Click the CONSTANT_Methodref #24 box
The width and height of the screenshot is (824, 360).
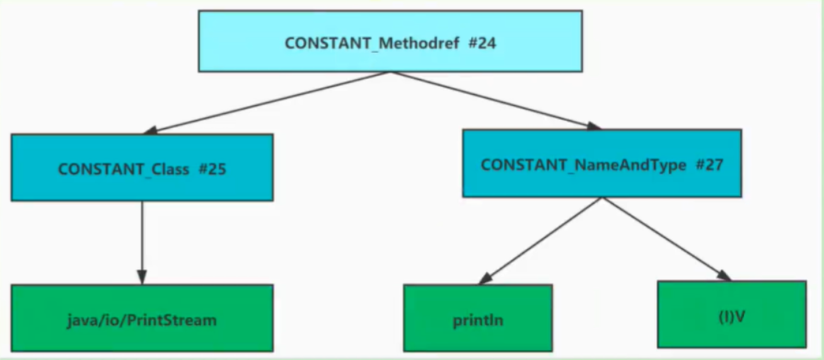click(x=390, y=41)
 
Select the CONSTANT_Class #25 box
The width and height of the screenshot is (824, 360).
click(x=141, y=168)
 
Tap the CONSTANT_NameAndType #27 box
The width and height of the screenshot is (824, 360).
click(x=601, y=163)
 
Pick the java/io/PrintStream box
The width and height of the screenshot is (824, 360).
click(x=141, y=318)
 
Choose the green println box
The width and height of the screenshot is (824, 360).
click(x=477, y=318)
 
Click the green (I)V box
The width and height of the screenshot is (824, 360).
click(x=731, y=314)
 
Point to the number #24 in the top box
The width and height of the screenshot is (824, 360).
click(x=482, y=43)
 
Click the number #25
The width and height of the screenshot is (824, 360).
click(x=212, y=170)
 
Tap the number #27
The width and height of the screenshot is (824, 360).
click(x=709, y=165)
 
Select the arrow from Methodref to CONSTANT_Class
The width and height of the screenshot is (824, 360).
click(x=269, y=102)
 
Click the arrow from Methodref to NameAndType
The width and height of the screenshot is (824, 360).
click(x=495, y=100)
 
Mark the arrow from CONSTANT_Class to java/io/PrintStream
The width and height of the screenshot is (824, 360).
click(x=141, y=240)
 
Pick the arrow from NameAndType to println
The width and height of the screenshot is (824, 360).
click(x=545, y=239)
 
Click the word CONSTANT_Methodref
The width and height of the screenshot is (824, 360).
click(x=373, y=43)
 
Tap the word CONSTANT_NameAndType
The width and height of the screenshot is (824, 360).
click(x=583, y=165)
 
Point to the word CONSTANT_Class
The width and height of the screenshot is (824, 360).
click(x=124, y=170)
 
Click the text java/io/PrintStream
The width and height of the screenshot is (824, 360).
click(x=141, y=320)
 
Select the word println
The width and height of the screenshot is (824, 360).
click(x=477, y=320)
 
